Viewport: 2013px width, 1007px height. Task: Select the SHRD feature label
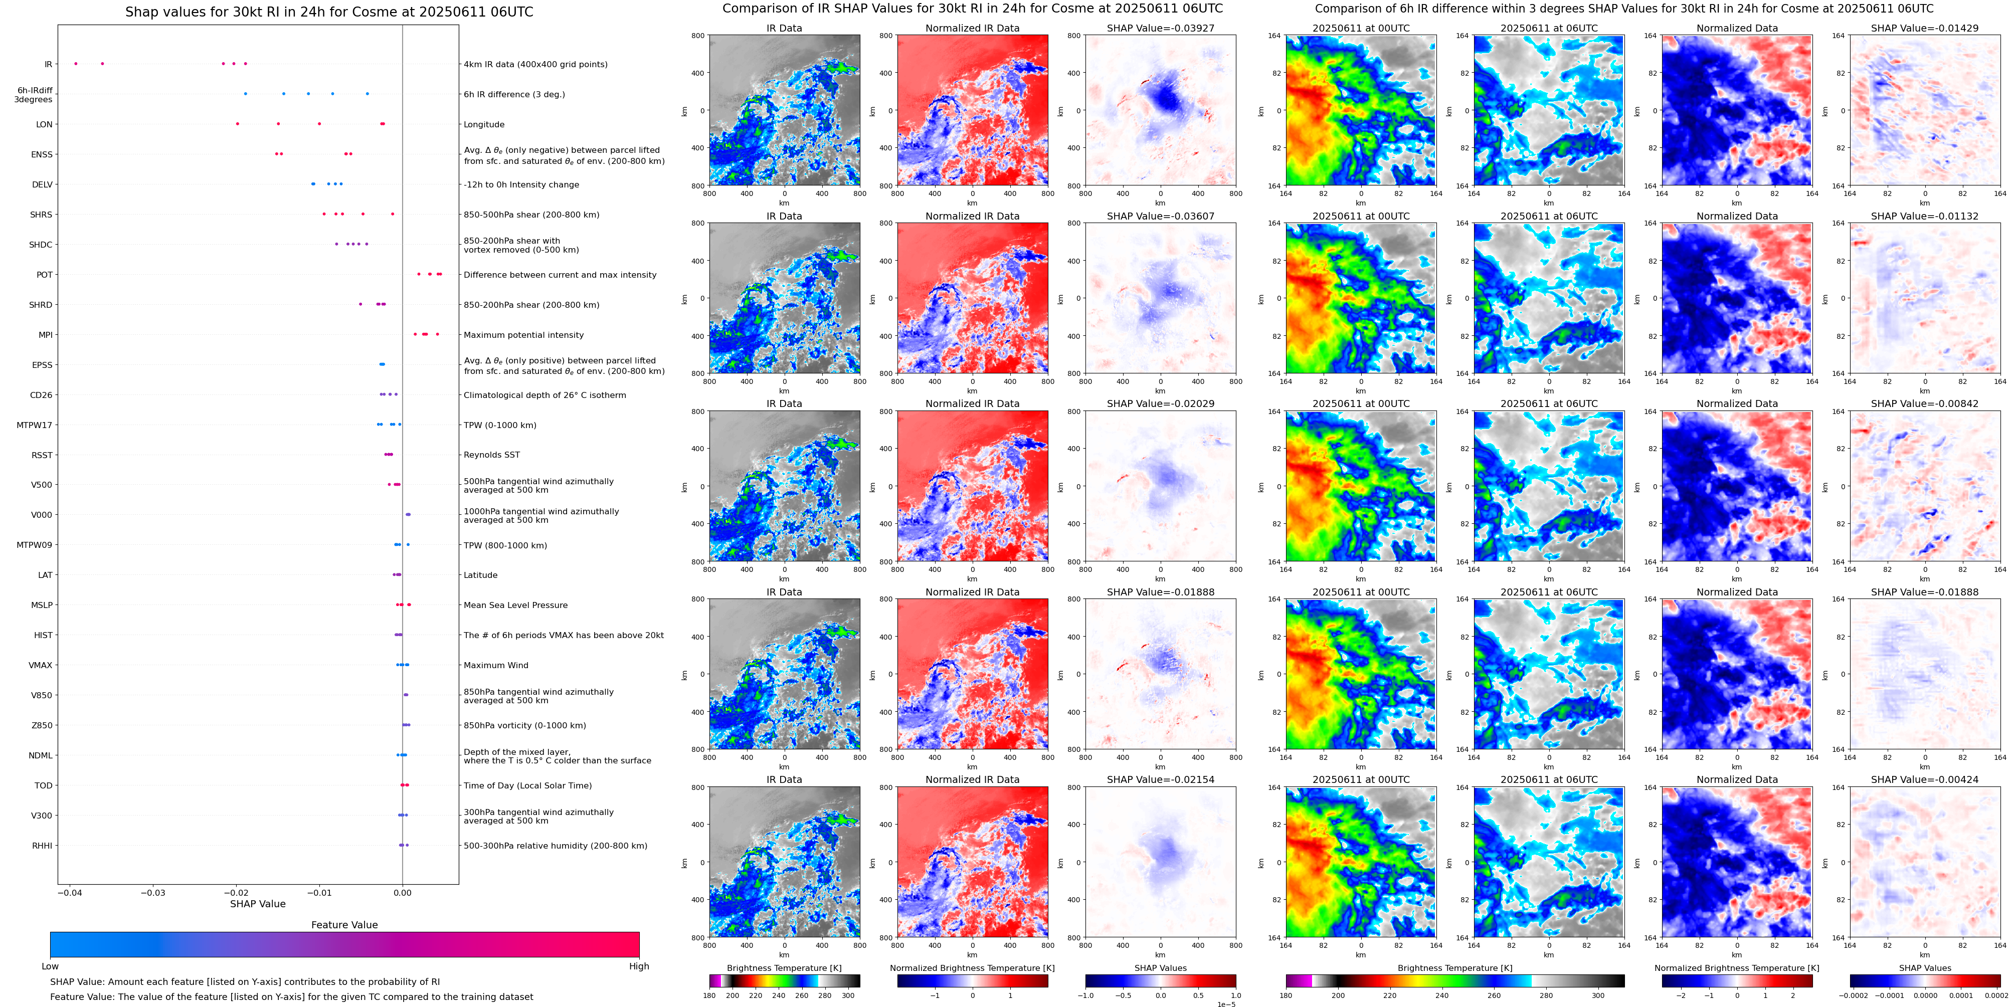point(41,305)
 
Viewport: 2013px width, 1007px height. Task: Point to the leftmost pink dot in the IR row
point(76,63)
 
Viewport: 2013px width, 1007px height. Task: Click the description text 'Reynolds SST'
point(491,455)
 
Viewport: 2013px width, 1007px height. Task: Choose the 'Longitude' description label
point(484,124)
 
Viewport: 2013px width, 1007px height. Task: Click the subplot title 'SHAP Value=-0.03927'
point(1161,28)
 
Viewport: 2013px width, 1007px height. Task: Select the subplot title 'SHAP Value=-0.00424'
point(1925,779)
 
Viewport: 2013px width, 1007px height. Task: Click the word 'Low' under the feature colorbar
point(50,966)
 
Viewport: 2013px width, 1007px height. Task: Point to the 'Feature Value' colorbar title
point(344,925)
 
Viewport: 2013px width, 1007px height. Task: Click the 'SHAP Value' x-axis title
point(258,904)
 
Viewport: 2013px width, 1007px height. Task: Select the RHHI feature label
point(42,845)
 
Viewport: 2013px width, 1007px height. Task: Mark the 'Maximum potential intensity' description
point(523,335)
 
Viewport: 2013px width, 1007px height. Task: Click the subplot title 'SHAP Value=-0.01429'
point(1925,28)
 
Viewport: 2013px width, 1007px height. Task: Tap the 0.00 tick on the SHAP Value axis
point(403,892)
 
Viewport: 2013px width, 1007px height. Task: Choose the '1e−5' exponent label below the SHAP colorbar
point(1226,1004)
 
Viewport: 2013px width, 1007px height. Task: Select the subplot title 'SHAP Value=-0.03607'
point(1161,217)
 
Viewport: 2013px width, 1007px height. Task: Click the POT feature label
point(45,275)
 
